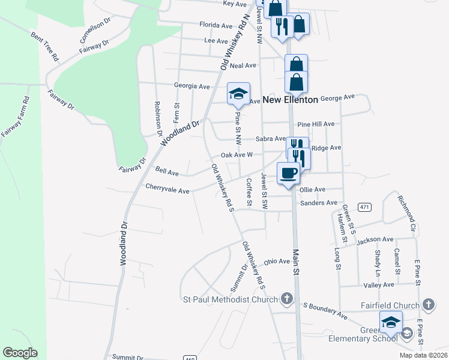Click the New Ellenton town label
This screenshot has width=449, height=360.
click(290, 100)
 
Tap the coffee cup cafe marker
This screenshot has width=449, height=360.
click(288, 173)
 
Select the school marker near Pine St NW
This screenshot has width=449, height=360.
click(238, 94)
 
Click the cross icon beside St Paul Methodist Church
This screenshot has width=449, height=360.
click(287, 298)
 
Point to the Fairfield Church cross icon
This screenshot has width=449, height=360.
click(428, 305)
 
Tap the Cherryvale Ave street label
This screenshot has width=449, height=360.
click(167, 191)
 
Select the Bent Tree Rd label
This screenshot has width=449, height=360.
click(44, 46)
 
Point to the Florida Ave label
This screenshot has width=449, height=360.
click(217, 26)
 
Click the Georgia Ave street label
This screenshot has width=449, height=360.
click(191, 86)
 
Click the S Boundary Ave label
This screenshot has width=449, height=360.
click(325, 310)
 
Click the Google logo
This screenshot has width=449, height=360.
click(20, 353)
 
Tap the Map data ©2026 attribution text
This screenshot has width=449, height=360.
click(423, 355)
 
